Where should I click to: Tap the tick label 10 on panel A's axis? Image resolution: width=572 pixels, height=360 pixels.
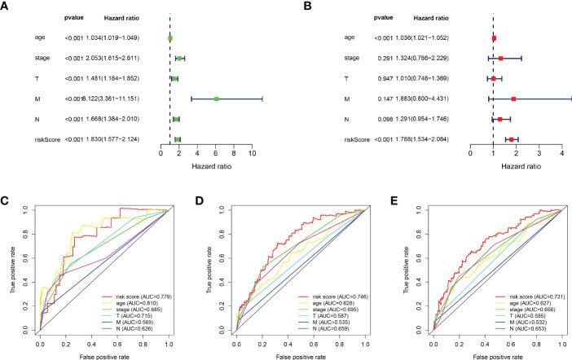click(x=253, y=152)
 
